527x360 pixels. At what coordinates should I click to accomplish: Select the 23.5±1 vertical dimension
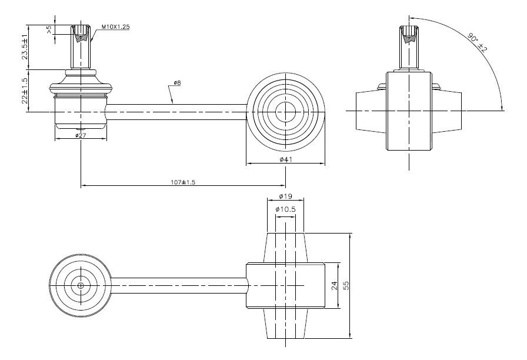click(25, 46)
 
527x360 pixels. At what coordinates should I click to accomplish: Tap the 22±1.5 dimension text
click(25, 90)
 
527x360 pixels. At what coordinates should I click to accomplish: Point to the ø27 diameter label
click(81, 135)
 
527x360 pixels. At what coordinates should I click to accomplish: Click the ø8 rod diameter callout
click(176, 83)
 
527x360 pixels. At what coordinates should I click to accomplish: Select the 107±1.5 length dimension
click(183, 182)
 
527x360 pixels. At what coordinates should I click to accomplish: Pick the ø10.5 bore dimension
click(285, 209)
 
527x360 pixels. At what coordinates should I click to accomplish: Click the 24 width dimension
click(333, 285)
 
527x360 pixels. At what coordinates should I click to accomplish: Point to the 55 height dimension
click(346, 285)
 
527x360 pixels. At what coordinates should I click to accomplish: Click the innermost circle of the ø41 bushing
click(285, 111)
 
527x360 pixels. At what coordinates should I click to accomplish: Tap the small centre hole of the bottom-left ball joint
click(81, 285)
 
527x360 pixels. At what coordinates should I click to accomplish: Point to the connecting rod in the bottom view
click(176, 285)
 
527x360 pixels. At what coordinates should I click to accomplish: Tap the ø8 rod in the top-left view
click(176, 111)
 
